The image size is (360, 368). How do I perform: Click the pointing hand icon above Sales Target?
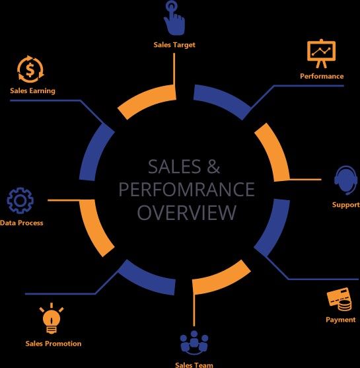[174, 18]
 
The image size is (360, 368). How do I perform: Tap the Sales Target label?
[174, 45]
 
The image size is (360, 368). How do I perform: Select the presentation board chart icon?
[321, 54]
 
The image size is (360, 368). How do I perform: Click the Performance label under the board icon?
[322, 76]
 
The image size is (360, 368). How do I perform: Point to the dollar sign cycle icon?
[30, 69]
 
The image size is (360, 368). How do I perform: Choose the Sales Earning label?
[32, 91]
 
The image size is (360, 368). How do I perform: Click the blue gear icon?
[20, 200]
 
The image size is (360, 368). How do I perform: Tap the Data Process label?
[22, 223]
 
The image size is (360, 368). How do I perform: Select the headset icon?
[345, 180]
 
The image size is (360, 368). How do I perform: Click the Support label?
[346, 205]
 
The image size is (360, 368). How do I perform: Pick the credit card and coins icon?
[340, 299]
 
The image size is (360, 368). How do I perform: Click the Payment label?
[341, 320]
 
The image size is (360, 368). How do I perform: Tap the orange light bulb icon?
[52, 318]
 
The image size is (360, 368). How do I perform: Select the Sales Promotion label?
[54, 344]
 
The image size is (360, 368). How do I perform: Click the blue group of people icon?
[194, 342]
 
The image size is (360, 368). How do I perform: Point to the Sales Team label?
[194, 365]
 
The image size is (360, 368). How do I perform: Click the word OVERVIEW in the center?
[186, 212]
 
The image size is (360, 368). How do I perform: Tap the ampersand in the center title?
[213, 166]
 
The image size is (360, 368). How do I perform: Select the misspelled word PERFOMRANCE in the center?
[186, 190]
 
